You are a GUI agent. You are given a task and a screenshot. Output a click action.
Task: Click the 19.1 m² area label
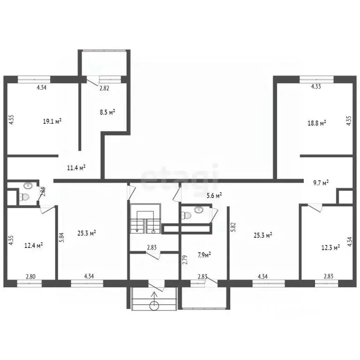(52, 121)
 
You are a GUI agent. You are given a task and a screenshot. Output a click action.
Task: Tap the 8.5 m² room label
(108, 112)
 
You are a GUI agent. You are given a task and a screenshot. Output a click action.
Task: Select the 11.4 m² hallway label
(76, 167)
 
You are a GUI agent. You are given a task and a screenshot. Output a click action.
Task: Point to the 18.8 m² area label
(317, 123)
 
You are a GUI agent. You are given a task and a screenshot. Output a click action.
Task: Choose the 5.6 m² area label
(214, 195)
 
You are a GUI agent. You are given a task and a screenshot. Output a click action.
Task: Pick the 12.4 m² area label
(34, 246)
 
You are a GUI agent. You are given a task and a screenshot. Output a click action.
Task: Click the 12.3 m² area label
(330, 247)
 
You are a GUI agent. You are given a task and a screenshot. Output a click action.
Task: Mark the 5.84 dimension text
(61, 237)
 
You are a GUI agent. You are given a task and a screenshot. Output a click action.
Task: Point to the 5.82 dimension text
(234, 227)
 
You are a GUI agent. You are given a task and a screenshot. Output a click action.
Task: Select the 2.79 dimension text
(185, 260)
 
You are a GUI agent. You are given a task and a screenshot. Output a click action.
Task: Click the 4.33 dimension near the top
(316, 87)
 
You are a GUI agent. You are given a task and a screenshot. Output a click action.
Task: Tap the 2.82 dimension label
(104, 88)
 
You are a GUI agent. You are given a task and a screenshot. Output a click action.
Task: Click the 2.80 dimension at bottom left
(30, 277)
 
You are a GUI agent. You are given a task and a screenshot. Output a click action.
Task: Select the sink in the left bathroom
(28, 185)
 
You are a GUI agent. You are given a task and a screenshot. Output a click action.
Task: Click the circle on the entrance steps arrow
(154, 306)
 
